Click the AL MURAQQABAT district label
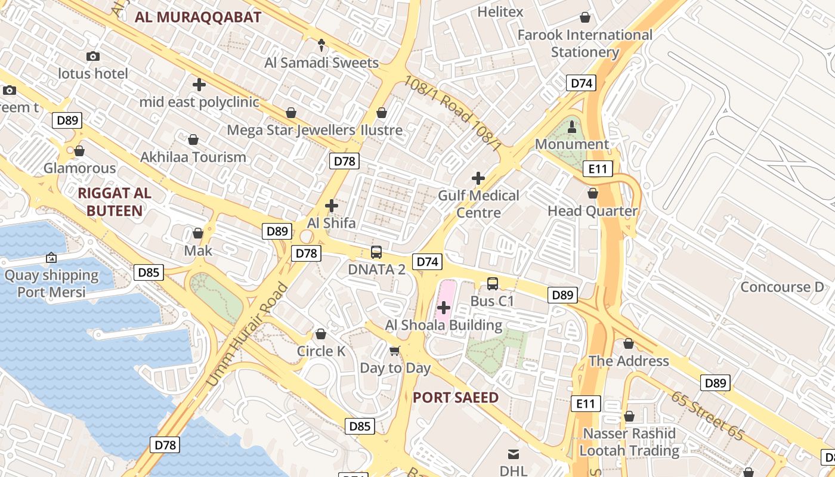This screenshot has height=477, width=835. point(198,17)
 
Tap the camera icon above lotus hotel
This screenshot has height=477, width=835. point(93,56)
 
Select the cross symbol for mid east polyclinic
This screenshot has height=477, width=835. point(199,85)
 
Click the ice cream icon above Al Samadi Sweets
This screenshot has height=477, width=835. point(321,45)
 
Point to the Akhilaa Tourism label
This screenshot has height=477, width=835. point(193,157)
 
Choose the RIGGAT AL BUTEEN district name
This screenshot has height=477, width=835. point(115,202)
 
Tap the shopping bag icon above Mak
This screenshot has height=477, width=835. point(197,233)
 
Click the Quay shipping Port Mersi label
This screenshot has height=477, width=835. point(51,283)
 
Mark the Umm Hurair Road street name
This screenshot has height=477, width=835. point(247,335)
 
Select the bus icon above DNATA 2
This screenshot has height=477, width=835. point(376,252)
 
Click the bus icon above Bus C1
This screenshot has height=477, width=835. point(493,284)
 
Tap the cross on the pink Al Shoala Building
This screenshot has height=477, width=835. point(444,308)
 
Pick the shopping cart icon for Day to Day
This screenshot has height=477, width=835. point(394,351)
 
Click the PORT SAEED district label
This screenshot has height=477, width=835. point(455,398)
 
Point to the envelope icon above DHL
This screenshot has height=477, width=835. point(513,454)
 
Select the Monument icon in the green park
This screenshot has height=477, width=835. point(572,126)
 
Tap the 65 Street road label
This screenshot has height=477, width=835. point(709,416)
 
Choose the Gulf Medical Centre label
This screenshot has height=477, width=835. point(478,204)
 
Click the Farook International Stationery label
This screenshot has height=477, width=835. point(584,44)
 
